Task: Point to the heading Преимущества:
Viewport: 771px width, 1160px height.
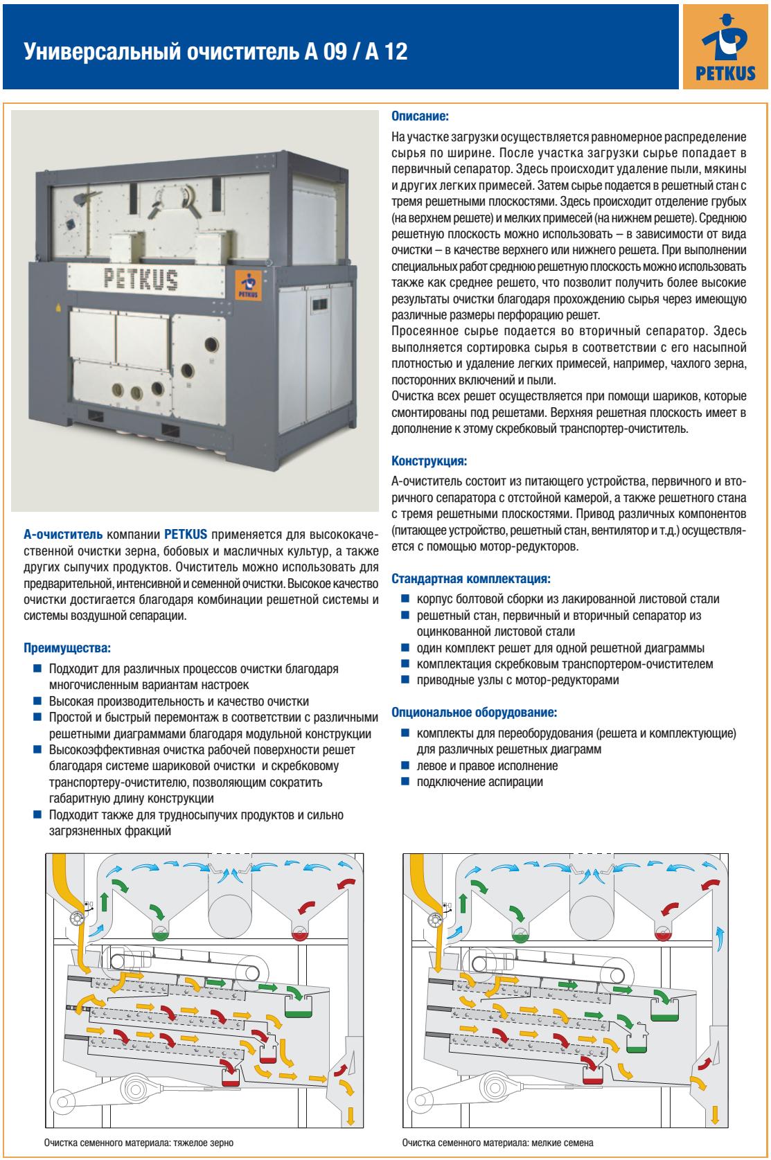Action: pyautogui.click(x=67, y=650)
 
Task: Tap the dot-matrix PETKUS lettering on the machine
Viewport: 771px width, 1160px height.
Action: pyautogui.click(x=141, y=279)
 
